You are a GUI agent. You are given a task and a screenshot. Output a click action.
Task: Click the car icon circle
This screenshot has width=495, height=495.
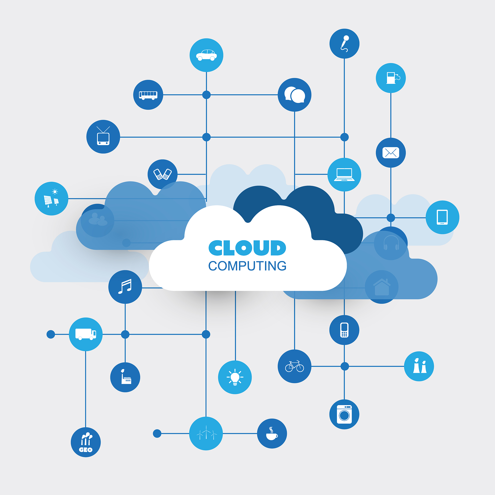[x=206, y=55]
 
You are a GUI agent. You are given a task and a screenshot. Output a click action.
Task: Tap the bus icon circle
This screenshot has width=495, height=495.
[x=148, y=95]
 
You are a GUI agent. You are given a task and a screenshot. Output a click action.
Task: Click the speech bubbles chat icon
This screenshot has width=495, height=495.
[x=295, y=95]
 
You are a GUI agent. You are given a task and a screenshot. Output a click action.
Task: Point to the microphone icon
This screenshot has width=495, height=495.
[x=345, y=44]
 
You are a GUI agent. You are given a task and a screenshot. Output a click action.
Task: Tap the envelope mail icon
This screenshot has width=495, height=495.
[x=391, y=153]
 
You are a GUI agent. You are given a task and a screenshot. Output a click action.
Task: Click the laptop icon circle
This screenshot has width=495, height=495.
[x=344, y=175]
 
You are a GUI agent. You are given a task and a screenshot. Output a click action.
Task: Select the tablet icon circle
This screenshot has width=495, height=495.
[x=443, y=217]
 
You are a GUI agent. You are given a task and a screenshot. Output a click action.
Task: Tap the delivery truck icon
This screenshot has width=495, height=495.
[x=86, y=334]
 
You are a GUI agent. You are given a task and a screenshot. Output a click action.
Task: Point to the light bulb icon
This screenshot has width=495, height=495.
[x=235, y=377]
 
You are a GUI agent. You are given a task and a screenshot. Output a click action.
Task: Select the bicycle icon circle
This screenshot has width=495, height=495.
[x=294, y=366]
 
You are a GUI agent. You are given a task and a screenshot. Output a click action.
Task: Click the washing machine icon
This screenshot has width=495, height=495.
[x=344, y=414]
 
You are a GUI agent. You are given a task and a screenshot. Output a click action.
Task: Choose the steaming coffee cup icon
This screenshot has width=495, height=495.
[x=272, y=434]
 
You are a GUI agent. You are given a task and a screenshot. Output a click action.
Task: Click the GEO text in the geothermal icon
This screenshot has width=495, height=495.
[x=86, y=450]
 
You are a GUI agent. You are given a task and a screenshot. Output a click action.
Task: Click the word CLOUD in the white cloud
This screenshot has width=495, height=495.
[x=247, y=248]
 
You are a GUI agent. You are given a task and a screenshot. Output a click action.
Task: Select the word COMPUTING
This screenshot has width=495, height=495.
[x=247, y=266]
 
